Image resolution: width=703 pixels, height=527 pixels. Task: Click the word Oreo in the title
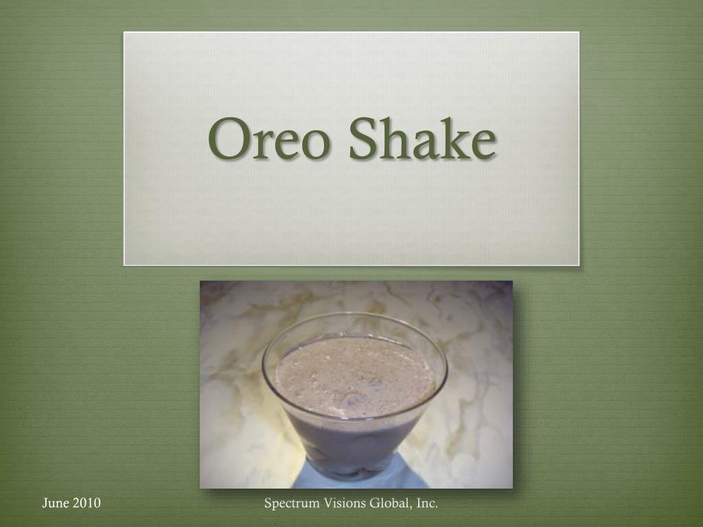[268, 139]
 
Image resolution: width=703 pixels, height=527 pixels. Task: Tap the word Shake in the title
[422, 137]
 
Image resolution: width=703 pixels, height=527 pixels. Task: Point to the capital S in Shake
[363, 139]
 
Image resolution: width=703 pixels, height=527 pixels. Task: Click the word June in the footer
[56, 503]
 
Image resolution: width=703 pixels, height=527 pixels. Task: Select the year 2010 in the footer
[87, 503]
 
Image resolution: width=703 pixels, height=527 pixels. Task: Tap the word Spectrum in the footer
[290, 504]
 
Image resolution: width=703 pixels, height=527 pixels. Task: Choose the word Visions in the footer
[343, 503]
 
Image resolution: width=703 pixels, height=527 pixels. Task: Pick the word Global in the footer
[389, 503]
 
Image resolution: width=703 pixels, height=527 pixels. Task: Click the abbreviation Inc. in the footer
[427, 503]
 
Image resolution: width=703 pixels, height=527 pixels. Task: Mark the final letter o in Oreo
[314, 144]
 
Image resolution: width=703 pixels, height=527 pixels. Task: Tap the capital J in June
[45, 504]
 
